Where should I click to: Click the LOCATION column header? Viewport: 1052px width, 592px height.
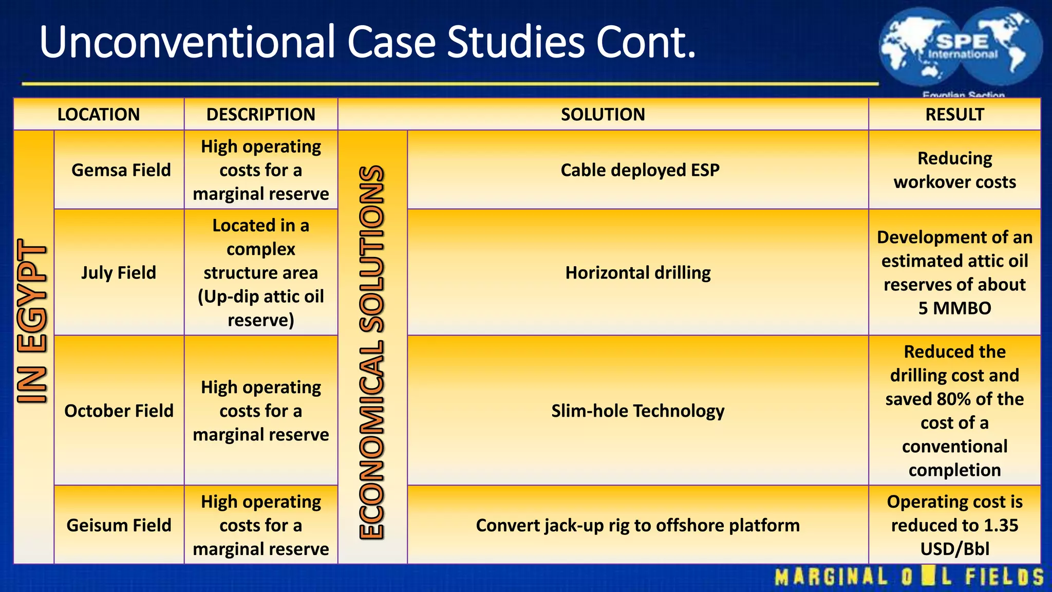pos(98,114)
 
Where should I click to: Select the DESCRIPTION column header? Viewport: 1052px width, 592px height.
pos(260,114)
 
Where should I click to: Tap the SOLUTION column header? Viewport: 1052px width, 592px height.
pos(603,114)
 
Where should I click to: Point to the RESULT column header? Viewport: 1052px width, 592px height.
pos(954,114)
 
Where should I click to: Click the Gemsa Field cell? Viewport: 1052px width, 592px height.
pos(121,170)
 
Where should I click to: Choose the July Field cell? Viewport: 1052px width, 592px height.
pos(119,272)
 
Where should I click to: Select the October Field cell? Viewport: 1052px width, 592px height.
pos(119,411)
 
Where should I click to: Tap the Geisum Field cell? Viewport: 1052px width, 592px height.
pos(119,525)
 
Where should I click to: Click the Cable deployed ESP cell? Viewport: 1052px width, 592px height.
pos(640,170)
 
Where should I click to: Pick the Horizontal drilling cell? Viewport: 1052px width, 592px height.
pos(638,272)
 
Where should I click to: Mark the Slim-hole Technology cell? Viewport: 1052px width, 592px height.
pos(637,411)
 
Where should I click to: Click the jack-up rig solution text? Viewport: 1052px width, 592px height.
pos(637,525)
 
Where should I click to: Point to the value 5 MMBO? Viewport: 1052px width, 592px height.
pos(954,308)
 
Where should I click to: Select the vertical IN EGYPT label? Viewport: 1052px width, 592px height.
pos(32,321)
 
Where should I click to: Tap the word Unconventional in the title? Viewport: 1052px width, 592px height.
pos(187,42)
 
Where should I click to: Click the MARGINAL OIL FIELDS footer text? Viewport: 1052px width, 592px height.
pos(909,577)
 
